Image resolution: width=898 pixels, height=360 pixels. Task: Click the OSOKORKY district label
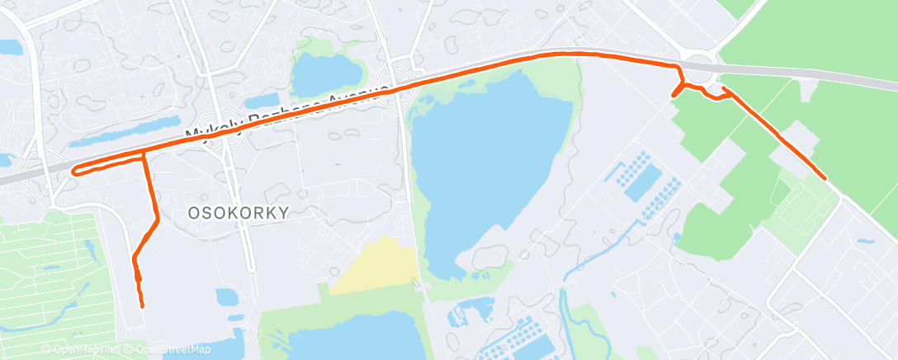[x=239, y=212]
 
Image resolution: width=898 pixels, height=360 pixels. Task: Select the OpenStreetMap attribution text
[x=169, y=349]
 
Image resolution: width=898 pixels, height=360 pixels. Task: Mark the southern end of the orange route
[x=142, y=306]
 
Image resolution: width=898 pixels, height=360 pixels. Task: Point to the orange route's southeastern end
[x=825, y=178]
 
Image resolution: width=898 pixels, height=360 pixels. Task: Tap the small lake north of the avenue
[x=324, y=74]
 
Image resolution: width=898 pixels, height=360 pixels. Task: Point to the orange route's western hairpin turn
[x=75, y=171]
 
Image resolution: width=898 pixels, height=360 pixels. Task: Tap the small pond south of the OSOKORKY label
[x=226, y=297]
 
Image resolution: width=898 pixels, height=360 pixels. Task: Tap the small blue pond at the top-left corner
[x=10, y=48]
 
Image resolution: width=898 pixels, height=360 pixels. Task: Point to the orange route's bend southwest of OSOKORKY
[x=156, y=219]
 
